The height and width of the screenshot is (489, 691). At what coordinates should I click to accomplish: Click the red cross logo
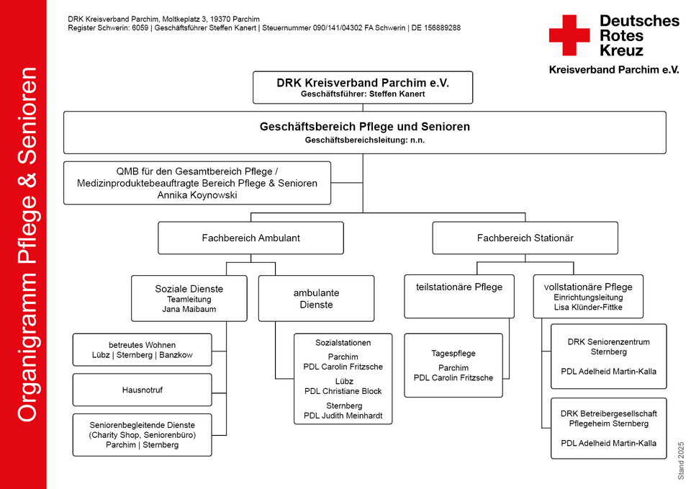click(569, 35)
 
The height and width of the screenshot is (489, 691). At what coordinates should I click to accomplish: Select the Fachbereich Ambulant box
click(250, 238)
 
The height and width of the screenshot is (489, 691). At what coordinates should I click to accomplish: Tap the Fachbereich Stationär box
click(525, 238)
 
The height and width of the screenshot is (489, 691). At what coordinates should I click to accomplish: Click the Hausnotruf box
click(143, 390)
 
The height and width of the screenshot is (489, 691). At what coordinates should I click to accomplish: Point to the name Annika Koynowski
click(197, 195)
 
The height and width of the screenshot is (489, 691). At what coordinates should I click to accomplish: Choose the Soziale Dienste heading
click(189, 289)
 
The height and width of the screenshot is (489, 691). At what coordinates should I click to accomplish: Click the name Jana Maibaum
click(189, 309)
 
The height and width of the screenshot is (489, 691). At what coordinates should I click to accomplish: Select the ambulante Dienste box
click(316, 299)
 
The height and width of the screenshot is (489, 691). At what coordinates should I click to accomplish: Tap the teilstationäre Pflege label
click(459, 287)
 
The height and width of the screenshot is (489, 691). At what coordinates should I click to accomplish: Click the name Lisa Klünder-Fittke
click(588, 308)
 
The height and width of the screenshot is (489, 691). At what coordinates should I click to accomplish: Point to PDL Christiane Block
click(343, 391)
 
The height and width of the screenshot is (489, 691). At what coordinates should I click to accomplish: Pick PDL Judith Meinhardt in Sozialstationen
click(343, 416)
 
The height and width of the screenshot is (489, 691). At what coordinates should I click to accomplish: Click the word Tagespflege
click(453, 353)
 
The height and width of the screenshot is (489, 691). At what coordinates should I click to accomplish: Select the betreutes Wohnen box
click(143, 350)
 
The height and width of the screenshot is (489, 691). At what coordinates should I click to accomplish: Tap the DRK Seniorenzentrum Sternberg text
click(609, 346)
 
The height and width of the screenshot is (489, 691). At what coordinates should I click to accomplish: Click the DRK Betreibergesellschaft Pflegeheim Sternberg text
click(609, 418)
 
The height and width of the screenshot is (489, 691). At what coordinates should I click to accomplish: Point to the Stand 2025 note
click(682, 461)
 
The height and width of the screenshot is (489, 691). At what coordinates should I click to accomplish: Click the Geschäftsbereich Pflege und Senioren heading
click(365, 127)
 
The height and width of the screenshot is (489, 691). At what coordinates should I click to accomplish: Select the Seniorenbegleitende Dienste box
click(143, 435)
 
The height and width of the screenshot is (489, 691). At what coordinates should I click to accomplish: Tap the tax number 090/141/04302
click(338, 28)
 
